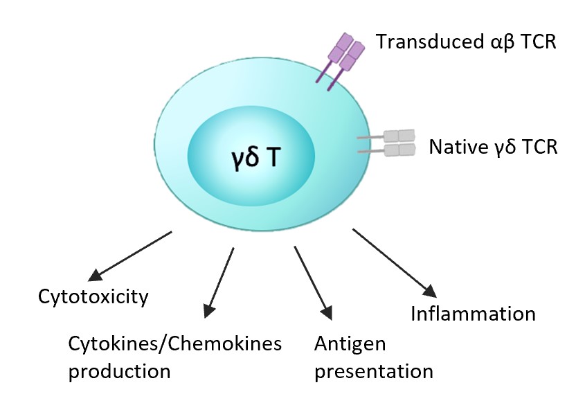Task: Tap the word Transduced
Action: click(x=420, y=42)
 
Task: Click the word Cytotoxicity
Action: click(x=93, y=298)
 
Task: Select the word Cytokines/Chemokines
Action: click(x=174, y=343)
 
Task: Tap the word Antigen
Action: click(x=349, y=343)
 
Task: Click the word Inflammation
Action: click(x=473, y=314)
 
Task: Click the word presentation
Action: click(x=373, y=370)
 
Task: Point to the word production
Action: click(x=119, y=370)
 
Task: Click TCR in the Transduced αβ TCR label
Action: click(x=537, y=42)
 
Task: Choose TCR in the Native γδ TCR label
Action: click(x=537, y=147)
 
